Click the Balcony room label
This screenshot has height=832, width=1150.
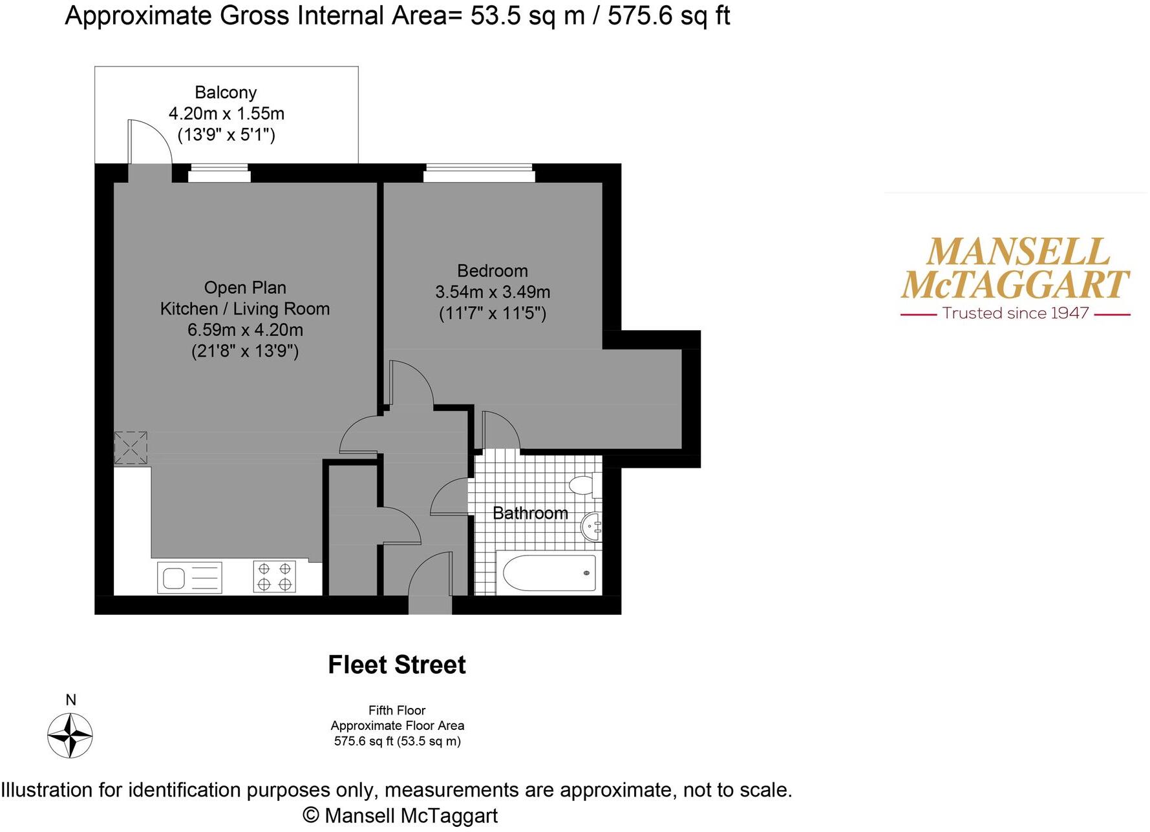tap(226, 93)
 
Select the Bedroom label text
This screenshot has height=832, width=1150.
tap(492, 271)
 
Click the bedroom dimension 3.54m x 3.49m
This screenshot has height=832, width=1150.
tap(493, 292)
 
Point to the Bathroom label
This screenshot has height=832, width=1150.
tap(530, 513)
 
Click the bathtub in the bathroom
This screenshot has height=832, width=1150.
tap(549, 573)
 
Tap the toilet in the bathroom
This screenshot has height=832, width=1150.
tap(584, 484)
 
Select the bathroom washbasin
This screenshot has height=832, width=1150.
tap(591, 527)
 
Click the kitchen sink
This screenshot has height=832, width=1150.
tap(189, 577)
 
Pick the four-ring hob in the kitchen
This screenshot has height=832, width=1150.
tap(274, 577)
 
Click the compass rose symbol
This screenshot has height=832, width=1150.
tap(70, 736)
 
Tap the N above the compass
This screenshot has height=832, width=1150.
tap(71, 700)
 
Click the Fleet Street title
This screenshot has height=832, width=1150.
tap(396, 665)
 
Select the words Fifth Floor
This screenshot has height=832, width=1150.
tap(397, 711)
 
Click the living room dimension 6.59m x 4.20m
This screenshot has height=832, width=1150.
tap(245, 330)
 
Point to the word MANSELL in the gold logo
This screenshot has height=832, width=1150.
tap(1017, 252)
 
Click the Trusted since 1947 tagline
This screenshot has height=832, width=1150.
tap(1016, 313)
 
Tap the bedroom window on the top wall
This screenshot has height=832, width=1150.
tap(479, 173)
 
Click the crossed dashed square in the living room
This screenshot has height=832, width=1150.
tap(131, 448)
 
